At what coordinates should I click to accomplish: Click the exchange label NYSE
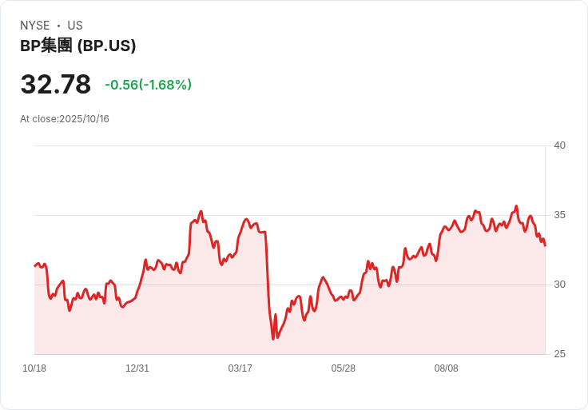pos(34,26)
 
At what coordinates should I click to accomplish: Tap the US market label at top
pos(75,26)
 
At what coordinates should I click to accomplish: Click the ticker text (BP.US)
pos(106,46)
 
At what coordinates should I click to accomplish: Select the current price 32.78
pos(55,85)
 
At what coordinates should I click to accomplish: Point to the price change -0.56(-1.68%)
pos(148,85)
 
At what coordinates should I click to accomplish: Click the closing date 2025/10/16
pos(85,119)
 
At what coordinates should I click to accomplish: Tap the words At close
pos(38,119)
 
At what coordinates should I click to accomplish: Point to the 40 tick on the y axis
pos(559,145)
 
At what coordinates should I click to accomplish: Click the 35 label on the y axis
pos(559,215)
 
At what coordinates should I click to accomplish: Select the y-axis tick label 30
pos(559,285)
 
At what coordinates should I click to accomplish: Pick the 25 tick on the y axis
pos(559,354)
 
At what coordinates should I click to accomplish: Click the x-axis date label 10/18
pos(34,368)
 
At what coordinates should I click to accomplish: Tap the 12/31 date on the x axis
pos(137,368)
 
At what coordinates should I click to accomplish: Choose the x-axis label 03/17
pos(240,368)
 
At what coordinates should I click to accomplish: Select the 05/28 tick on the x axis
pos(344,368)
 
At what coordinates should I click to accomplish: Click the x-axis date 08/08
pos(447,368)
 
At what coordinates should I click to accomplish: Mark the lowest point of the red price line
pos(273,339)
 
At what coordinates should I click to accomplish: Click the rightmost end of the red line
pos(545,245)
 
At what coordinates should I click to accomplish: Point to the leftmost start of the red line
pos(35,265)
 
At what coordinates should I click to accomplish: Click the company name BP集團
pos(46,46)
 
